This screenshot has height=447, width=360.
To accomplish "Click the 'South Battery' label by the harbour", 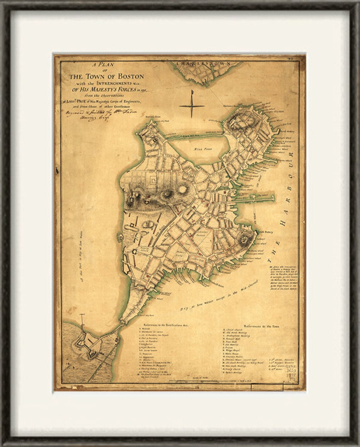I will (265, 232).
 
